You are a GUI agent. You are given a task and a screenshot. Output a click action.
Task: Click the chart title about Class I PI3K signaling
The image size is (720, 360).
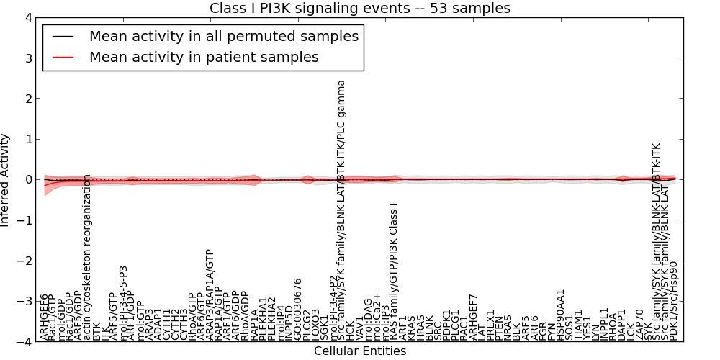coord(359,8)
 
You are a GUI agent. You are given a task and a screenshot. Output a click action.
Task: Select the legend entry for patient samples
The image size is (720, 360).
coord(203,57)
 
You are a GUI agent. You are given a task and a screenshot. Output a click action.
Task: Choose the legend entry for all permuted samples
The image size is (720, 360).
coord(223,35)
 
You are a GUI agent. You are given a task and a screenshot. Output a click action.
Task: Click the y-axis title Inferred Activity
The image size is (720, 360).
coord(6,180)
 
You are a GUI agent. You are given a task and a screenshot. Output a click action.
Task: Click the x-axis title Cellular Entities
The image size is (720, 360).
coord(359,351)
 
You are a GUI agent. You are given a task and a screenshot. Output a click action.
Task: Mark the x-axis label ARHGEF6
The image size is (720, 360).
coord(45,317)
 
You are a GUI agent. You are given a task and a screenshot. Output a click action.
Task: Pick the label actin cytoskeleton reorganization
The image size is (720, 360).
coord(88,257)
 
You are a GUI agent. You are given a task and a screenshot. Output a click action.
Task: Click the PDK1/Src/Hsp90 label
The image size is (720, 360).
coord(673,300)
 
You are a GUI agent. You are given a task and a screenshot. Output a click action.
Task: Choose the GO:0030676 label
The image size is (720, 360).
coord(298,309)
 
